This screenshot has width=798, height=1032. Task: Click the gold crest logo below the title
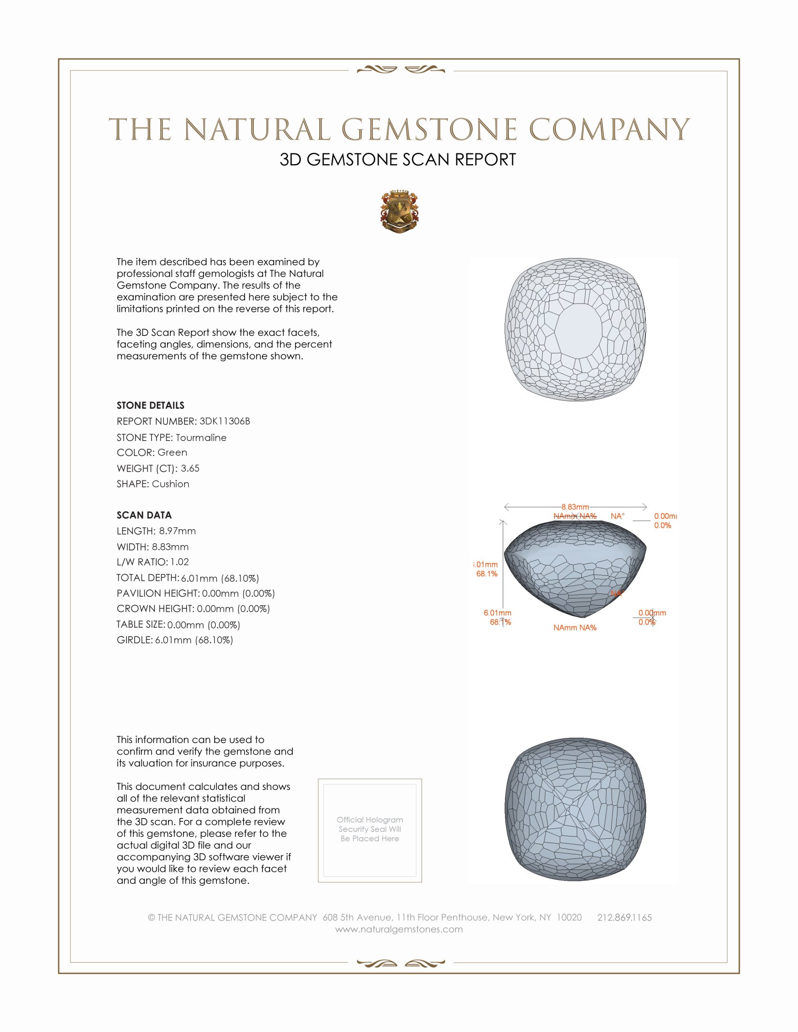(399, 211)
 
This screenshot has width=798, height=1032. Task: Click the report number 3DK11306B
(224, 421)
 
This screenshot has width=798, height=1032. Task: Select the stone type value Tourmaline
(201, 438)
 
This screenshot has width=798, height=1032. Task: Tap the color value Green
(172, 453)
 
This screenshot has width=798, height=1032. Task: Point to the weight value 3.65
(190, 468)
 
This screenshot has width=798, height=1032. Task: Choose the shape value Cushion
(171, 484)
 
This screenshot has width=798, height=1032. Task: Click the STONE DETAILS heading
(150, 405)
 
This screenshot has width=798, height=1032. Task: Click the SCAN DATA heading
(144, 515)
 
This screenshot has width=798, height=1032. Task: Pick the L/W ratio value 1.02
(180, 562)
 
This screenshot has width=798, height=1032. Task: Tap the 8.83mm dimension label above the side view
(575, 507)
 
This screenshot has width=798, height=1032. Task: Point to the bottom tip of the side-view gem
(583, 616)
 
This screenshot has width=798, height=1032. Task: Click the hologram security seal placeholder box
(370, 830)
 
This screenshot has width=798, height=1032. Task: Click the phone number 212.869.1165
(624, 918)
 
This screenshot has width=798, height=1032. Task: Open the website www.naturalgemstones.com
(399, 929)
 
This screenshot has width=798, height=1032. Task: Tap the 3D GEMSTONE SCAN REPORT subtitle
(398, 159)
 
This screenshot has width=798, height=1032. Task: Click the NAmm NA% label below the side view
(575, 628)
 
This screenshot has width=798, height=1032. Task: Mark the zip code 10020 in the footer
(569, 918)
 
